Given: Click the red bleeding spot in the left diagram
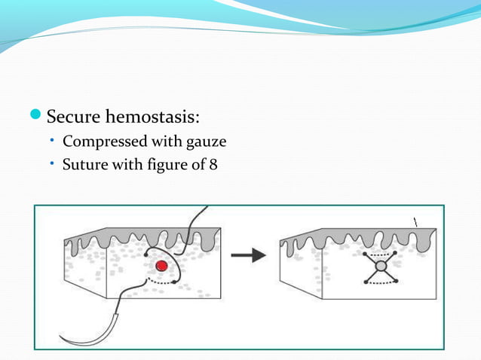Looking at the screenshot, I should pyautogui.click(x=161, y=266).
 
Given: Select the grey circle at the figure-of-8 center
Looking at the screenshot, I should pyautogui.click(x=381, y=267).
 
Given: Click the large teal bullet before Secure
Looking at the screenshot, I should pyautogui.click(x=38, y=117).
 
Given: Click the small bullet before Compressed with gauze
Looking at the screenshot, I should pyautogui.click(x=54, y=141).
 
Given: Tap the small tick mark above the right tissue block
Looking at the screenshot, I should pyautogui.click(x=413, y=219).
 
